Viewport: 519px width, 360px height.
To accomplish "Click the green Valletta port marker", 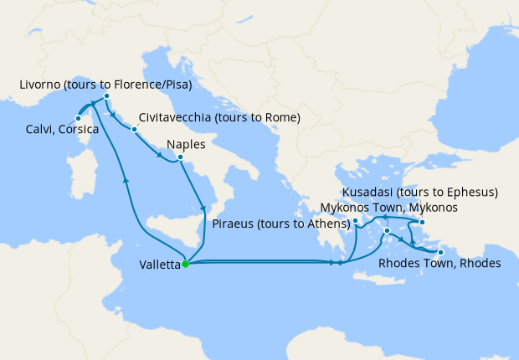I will point(185,265).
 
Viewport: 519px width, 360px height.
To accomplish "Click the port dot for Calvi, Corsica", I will point(78,118).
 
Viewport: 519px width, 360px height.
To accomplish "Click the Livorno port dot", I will point(107,97).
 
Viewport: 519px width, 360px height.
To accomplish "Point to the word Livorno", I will point(39,85).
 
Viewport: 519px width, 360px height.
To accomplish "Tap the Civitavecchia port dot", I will point(133,129).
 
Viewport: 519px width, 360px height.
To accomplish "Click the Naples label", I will point(187,144).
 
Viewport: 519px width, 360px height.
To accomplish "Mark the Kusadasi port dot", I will point(423,222).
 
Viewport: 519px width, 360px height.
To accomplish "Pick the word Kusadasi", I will point(368,192).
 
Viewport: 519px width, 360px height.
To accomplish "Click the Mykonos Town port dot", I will point(387,229).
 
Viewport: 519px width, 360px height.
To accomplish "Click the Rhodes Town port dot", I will point(440,251).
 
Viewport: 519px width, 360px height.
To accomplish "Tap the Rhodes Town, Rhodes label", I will point(439,264).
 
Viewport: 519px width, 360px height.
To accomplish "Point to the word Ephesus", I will point(469,192).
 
